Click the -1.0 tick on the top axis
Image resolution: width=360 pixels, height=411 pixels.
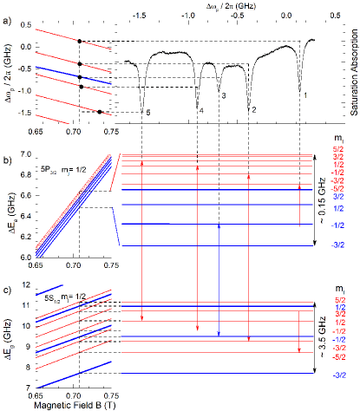[x=187, y=16]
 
